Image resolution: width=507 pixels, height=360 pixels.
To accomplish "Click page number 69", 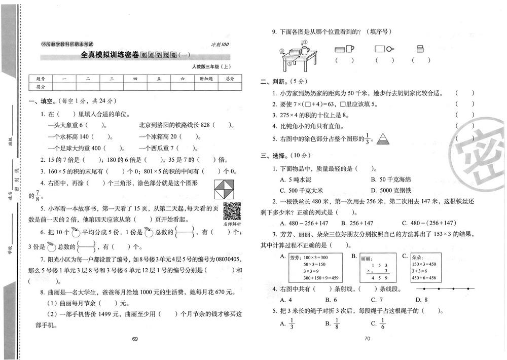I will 135,339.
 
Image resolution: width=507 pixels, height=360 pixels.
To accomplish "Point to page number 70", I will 368,339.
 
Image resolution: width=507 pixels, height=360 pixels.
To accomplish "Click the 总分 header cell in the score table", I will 230,79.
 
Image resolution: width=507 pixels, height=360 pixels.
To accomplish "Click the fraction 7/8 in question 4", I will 37,195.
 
